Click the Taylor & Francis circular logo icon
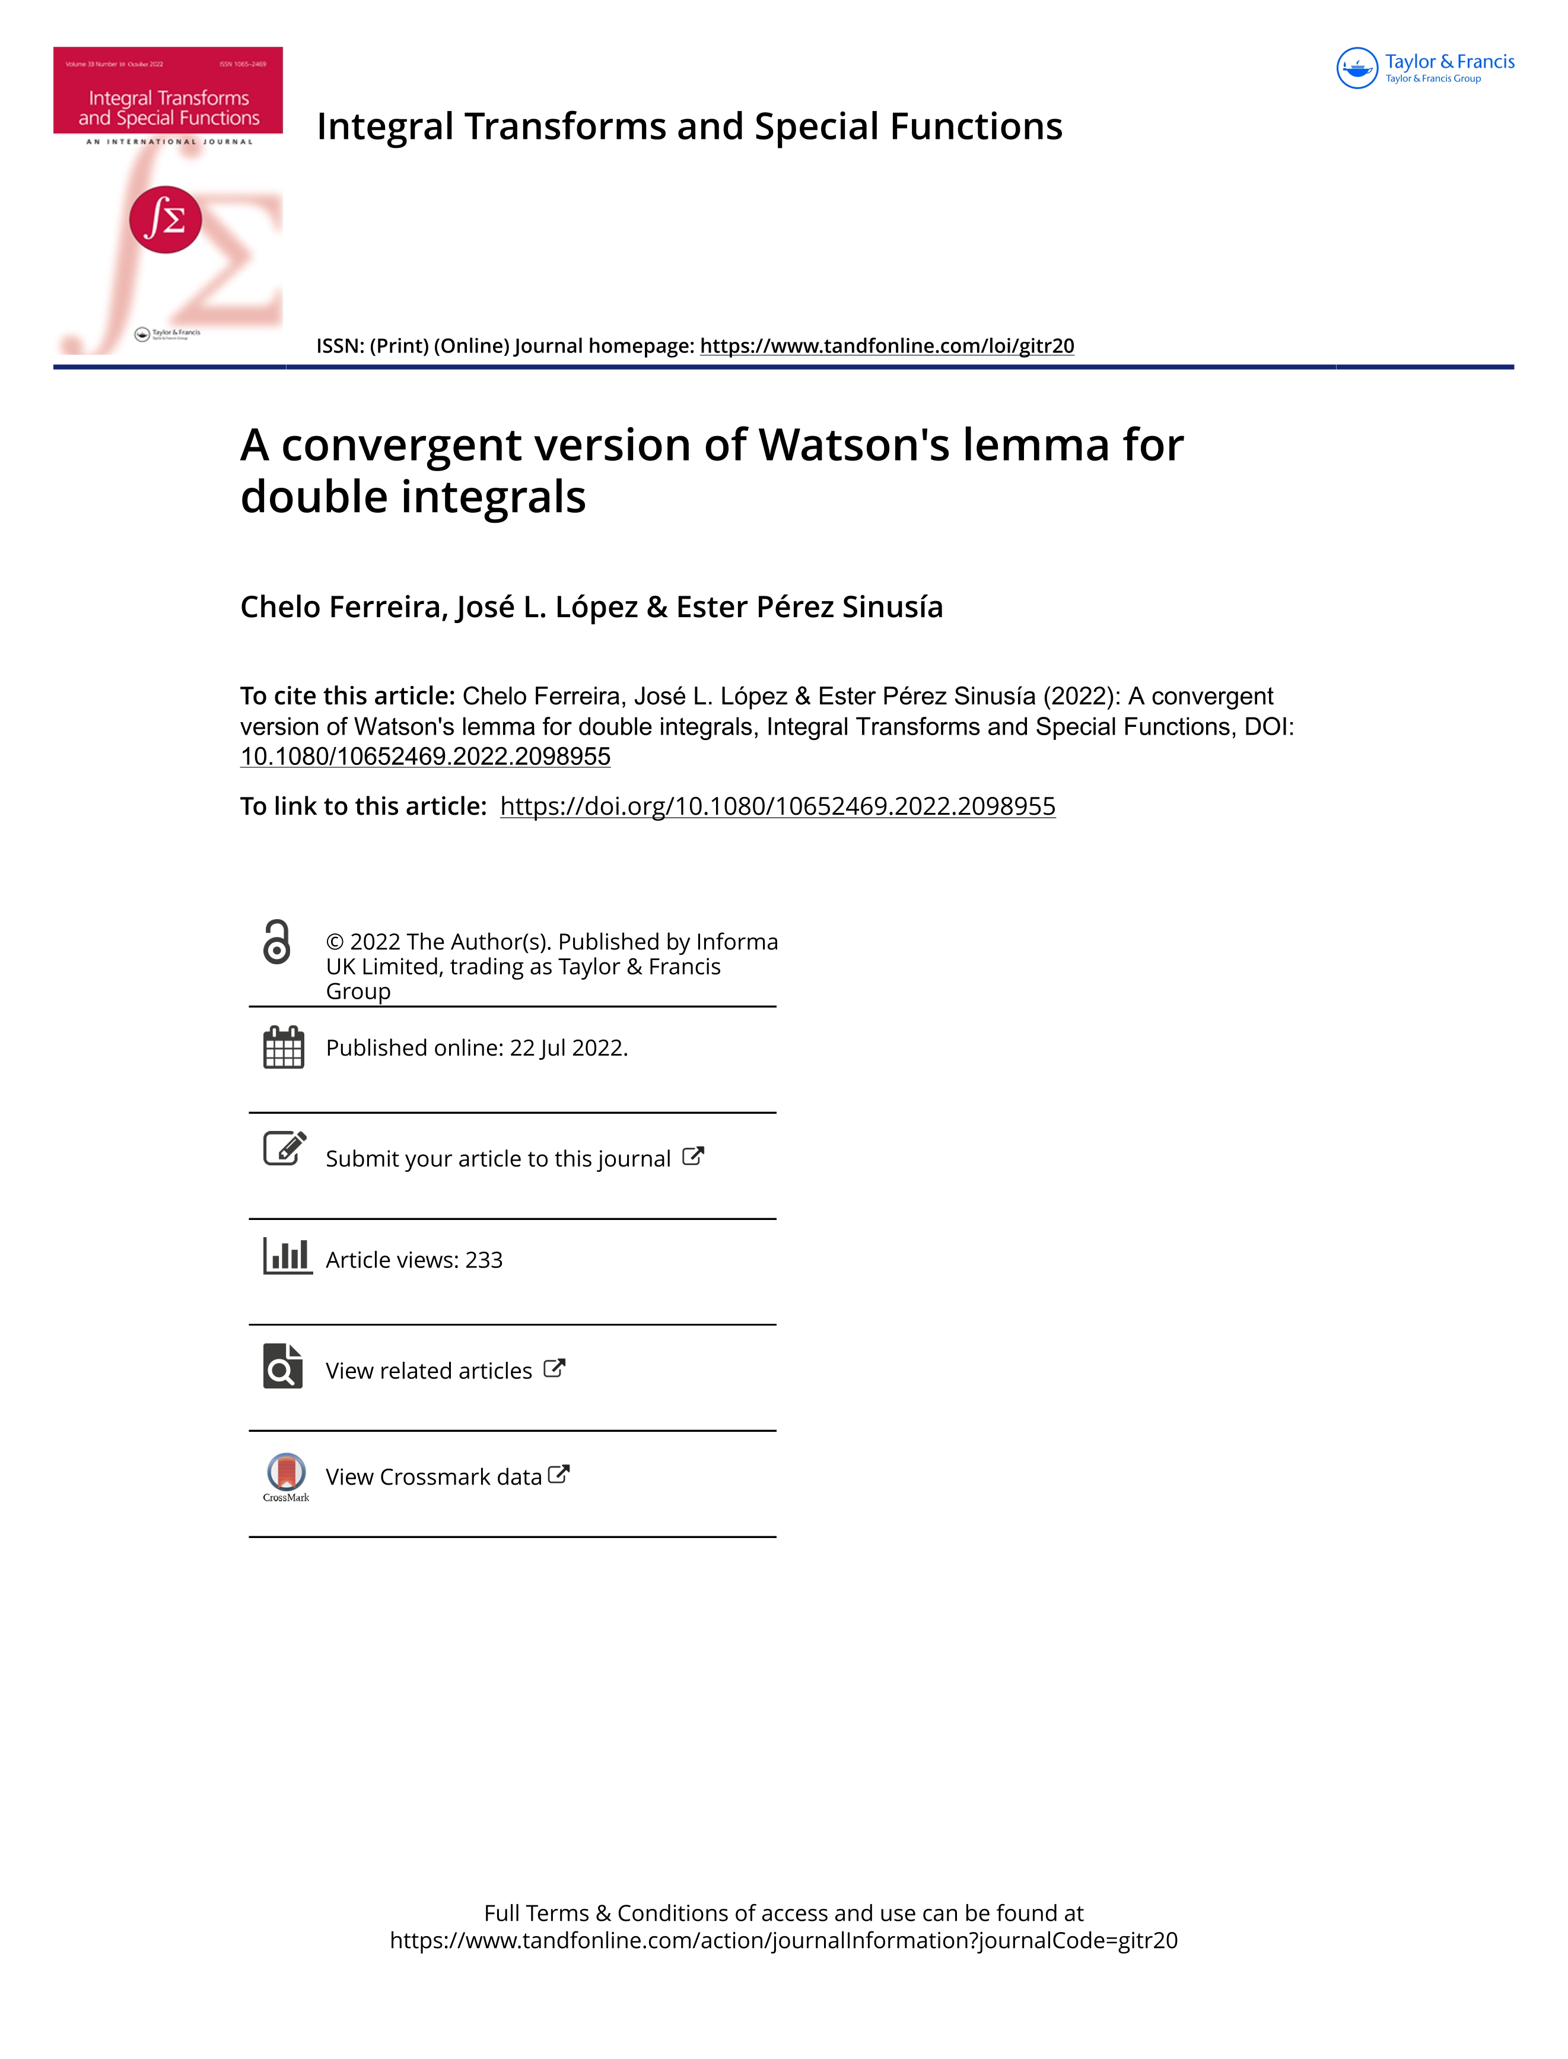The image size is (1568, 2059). click(x=1357, y=68)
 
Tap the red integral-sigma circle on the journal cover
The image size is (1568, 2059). click(x=165, y=220)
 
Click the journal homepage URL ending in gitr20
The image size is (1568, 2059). click(x=887, y=347)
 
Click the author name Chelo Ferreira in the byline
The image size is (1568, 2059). click(x=342, y=608)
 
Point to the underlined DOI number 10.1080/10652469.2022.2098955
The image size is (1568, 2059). click(x=425, y=757)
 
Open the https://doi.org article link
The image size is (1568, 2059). click(x=777, y=806)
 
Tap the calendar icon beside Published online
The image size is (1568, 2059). click(x=284, y=1047)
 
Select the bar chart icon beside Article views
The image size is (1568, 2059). click(x=287, y=1256)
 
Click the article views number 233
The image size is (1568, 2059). click(x=484, y=1261)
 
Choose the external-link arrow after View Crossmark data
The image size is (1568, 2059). click(x=558, y=1475)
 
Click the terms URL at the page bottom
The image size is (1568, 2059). click(x=783, y=1940)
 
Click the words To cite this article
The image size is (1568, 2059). click(x=346, y=696)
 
